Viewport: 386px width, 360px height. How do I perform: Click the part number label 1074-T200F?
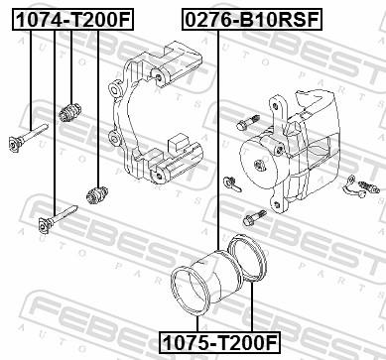pos(70,17)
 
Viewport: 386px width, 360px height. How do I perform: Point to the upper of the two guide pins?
pos(28,136)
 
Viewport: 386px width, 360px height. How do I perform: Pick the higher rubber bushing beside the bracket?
pos(70,110)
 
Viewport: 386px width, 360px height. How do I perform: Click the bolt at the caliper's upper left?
pos(244,124)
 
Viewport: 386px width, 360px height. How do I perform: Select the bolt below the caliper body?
pos(251,217)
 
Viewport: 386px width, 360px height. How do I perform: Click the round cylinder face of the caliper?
pos(261,161)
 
